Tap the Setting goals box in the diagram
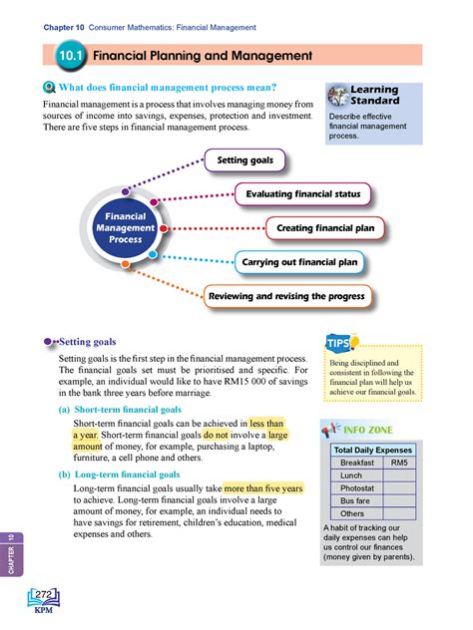tap(244, 159)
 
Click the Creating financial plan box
tap(325, 228)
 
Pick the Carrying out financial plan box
tap(299, 263)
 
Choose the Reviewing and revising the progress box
tap(287, 296)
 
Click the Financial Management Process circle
tap(126, 227)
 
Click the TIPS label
tap(338, 345)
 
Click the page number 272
tap(44, 595)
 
